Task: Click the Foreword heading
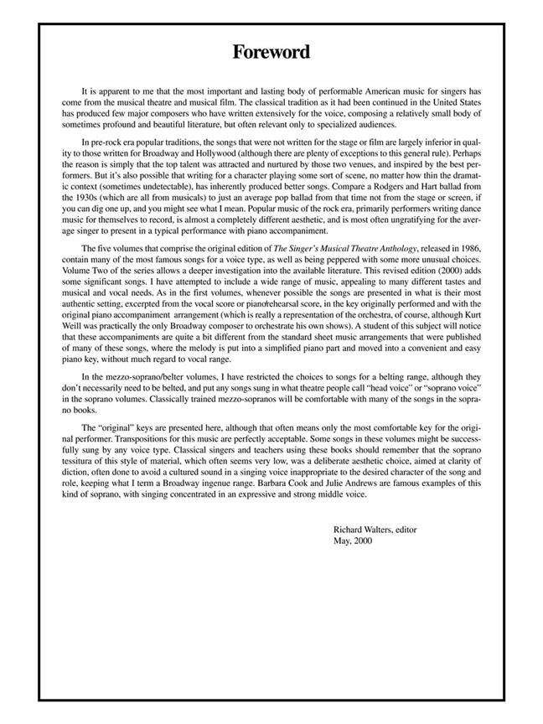(271, 52)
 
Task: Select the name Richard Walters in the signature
(362, 530)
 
